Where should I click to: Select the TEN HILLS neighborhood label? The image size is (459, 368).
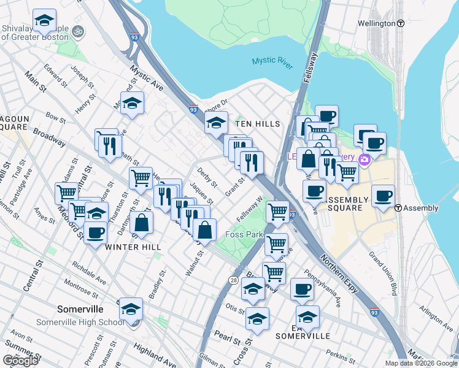tap(258, 124)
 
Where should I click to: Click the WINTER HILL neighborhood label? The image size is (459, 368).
tap(133, 247)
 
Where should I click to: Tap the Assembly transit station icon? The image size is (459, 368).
tap(398, 208)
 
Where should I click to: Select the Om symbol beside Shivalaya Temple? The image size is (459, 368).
tap(77, 30)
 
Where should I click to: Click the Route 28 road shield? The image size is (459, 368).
tap(234, 280)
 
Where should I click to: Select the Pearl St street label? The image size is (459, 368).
tap(225, 336)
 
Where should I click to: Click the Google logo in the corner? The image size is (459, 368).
tap(20, 361)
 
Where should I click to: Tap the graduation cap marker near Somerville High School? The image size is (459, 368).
tap(131, 310)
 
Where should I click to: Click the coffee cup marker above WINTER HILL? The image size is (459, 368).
tap(96, 233)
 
